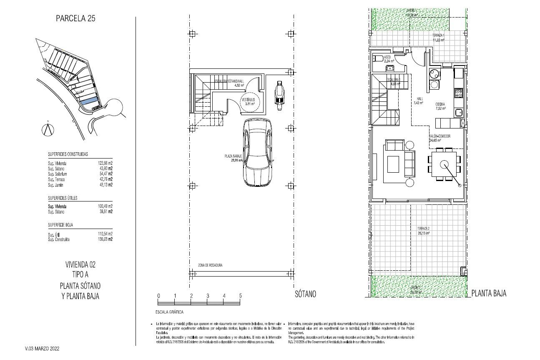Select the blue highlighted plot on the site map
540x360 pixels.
[89, 101]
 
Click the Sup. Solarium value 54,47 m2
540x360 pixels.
[105, 174]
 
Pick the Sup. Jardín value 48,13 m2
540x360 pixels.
[105, 185]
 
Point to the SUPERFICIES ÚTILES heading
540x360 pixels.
[63, 198]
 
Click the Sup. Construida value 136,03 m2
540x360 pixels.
[105, 239]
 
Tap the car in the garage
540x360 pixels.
[258, 153]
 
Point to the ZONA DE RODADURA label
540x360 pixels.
[210, 265]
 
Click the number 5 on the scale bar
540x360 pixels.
[240, 296]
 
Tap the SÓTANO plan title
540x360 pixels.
[305, 294]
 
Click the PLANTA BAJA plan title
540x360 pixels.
[489, 294]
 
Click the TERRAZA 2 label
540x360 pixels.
[423, 229]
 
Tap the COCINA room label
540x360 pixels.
[440, 104]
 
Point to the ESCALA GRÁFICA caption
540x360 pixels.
[169, 312]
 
